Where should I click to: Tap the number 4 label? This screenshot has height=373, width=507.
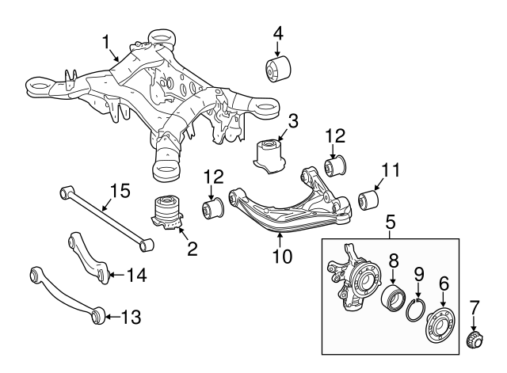pyautogui.click(x=278, y=35)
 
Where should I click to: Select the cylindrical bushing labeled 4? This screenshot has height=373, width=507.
pyautogui.click(x=277, y=69)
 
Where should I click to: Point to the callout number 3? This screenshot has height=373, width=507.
pyautogui.click(x=292, y=121)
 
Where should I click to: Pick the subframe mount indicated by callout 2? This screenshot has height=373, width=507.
pyautogui.click(x=168, y=212)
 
